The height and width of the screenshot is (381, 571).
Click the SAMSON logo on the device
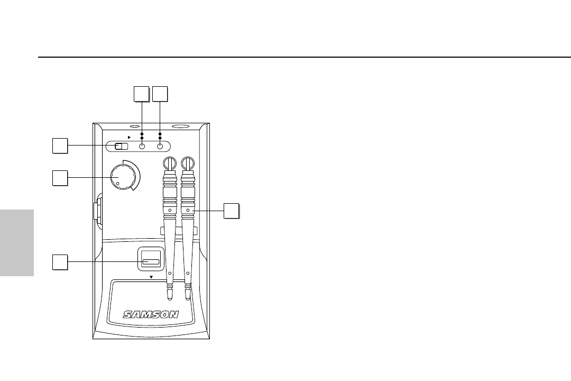(x=151, y=314)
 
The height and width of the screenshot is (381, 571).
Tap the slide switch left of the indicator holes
(x=122, y=147)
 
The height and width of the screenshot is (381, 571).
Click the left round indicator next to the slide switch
(x=142, y=147)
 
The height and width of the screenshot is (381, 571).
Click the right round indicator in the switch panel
(x=160, y=147)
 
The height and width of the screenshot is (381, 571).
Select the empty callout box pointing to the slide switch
(x=60, y=146)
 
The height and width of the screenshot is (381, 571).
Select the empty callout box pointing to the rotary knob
(x=60, y=178)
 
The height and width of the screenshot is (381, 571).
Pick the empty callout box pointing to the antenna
(x=231, y=210)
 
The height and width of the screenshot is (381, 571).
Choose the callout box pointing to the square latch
(x=60, y=261)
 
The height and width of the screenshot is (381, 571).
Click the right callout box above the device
(x=160, y=93)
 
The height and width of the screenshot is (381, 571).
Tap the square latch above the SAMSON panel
(x=151, y=261)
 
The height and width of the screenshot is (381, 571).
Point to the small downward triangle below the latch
(x=151, y=277)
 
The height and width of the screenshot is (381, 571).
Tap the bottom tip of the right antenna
(x=188, y=292)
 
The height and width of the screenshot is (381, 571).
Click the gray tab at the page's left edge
(x=17, y=242)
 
